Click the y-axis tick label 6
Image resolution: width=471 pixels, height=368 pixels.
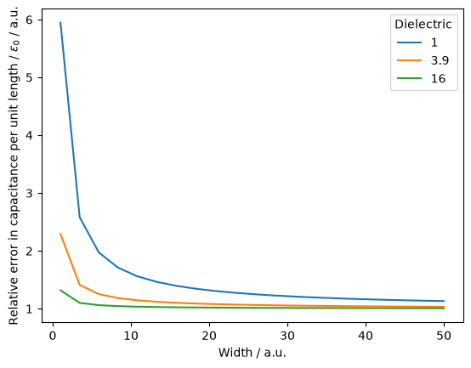coord(29,20)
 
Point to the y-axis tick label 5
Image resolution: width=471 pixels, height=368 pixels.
coord(29,77)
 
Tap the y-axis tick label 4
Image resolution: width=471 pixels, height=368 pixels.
coord(29,136)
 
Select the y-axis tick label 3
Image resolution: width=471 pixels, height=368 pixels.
coord(29,193)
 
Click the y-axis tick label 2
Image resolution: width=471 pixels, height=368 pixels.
coord(29,252)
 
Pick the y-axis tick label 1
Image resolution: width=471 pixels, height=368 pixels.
coord(29,309)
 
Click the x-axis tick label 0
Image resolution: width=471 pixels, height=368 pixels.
coord(53,336)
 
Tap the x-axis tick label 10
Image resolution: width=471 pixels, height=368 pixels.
coord(131,336)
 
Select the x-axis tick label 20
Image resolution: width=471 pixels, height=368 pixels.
coord(209,336)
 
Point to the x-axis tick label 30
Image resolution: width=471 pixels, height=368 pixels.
coord(287,336)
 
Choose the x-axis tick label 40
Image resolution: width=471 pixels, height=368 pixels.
coord(366,336)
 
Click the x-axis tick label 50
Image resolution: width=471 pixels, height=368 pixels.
coord(445,336)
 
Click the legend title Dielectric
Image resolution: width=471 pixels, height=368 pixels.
coord(423,25)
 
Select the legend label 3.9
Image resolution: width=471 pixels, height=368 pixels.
coord(440,60)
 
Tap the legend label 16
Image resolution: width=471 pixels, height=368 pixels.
coord(438,78)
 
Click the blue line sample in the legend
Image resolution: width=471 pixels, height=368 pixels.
coord(409,42)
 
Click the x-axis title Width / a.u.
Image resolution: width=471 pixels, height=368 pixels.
coord(252,353)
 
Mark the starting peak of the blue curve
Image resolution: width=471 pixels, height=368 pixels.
coord(60,22)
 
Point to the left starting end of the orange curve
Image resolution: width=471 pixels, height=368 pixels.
coord(60,234)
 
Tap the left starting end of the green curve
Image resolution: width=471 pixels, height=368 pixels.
coord(60,290)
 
